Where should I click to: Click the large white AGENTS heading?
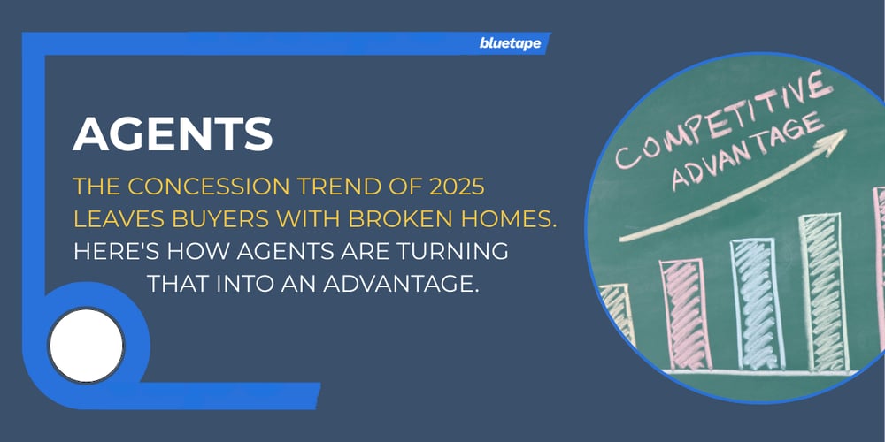[173, 133]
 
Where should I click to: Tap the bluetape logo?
[511, 42]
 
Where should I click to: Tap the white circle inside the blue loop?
[86, 345]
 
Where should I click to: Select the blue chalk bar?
[758, 304]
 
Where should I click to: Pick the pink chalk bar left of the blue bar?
[685, 314]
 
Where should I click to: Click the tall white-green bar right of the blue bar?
[824, 293]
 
